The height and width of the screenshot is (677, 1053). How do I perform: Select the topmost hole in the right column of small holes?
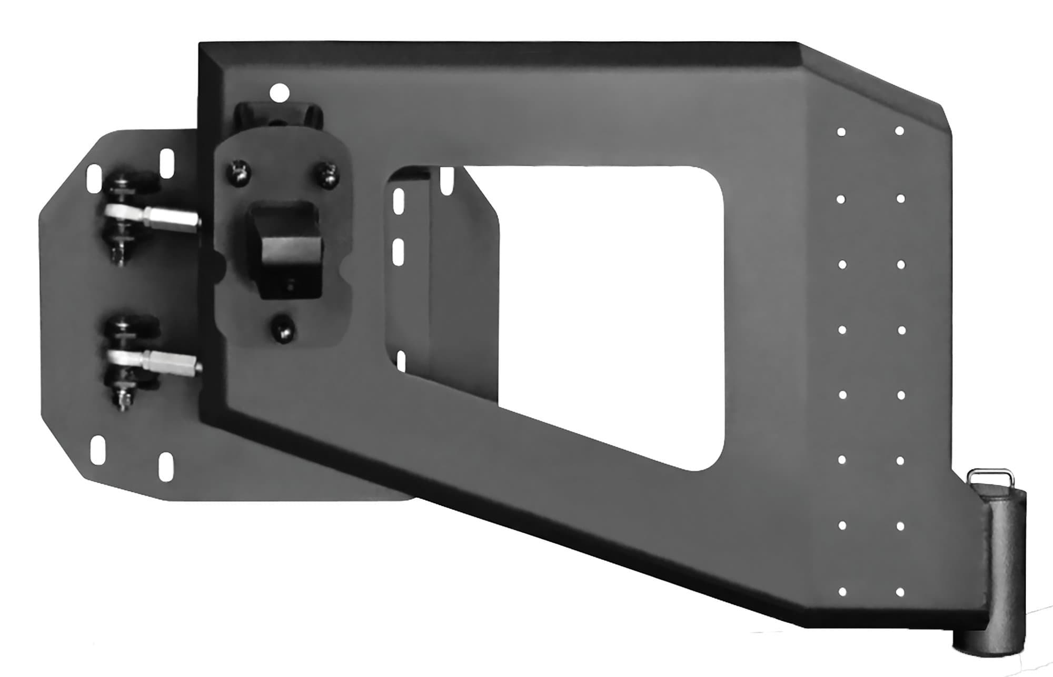[899, 131]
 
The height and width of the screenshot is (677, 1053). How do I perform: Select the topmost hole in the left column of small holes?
[841, 132]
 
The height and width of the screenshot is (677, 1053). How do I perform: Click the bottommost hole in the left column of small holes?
[842, 592]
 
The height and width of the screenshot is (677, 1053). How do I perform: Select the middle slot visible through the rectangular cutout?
[399, 254]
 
